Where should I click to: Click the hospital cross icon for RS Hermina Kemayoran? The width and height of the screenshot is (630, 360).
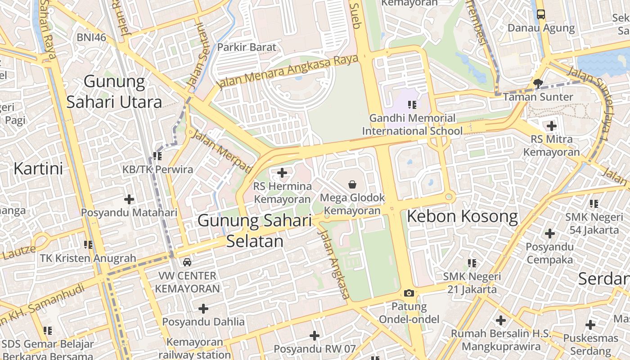tap(282, 173)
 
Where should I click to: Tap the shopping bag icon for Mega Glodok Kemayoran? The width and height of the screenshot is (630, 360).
tap(352, 184)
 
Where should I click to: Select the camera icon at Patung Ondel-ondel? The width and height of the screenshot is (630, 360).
tap(409, 293)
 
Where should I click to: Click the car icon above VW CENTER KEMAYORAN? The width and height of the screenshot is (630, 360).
tap(187, 262)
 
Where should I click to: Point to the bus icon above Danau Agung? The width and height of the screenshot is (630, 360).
tap(541, 14)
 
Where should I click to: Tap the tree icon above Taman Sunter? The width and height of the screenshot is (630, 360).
tap(538, 83)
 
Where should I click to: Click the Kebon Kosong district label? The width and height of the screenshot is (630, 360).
tap(462, 216)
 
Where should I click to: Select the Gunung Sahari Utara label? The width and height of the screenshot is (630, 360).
tap(114, 92)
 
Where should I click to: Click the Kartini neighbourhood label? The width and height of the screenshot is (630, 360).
tap(38, 169)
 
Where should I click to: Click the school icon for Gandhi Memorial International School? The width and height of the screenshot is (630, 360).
tap(412, 105)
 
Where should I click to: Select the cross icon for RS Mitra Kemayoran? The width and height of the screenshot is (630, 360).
tap(551, 126)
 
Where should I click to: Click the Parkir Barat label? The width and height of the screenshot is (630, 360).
tap(247, 47)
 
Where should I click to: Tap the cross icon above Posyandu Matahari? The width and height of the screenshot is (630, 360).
tap(129, 199)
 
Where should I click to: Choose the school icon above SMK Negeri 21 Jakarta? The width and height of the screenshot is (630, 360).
tap(472, 263)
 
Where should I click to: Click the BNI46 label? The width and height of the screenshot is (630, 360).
tap(91, 37)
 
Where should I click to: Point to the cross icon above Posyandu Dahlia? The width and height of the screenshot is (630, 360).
tap(203, 309)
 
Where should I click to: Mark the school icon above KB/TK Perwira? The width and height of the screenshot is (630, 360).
tap(157, 156)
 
